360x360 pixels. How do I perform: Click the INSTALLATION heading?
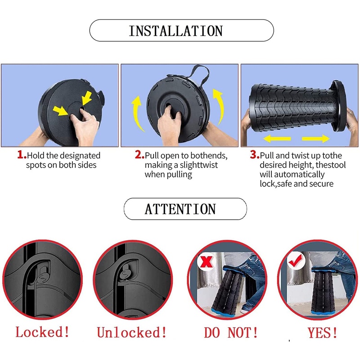[x=175, y=31]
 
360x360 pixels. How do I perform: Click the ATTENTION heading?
[x=180, y=209]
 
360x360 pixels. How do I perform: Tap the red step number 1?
[x=22, y=155]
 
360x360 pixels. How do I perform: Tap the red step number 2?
[x=139, y=155]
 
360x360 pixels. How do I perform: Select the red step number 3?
[x=255, y=155]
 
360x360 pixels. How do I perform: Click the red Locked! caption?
[x=42, y=332]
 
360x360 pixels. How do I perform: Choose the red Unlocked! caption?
[x=132, y=332]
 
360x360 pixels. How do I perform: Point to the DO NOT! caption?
[x=231, y=333]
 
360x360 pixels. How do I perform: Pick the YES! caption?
[x=323, y=333]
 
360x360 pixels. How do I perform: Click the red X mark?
[x=207, y=261]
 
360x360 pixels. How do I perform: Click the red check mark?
[x=295, y=261]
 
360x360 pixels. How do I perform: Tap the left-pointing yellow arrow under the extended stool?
[x=277, y=139]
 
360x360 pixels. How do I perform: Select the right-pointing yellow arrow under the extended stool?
[x=316, y=139]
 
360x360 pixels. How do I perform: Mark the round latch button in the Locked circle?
[x=43, y=279]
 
